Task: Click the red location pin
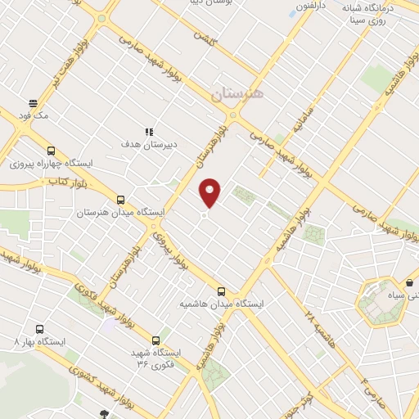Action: (211, 193)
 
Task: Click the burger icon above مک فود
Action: (34, 103)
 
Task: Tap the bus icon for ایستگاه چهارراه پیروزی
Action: (52, 151)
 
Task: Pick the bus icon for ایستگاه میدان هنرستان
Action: (121, 200)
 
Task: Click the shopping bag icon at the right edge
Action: (409, 283)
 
